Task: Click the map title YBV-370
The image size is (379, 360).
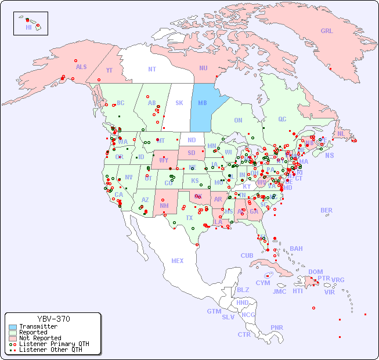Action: (53, 319)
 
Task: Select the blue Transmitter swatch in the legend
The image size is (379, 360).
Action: (12, 327)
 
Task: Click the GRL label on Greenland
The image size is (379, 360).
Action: (327, 31)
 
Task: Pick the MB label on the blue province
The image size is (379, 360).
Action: (203, 103)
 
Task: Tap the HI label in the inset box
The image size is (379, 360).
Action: (28, 27)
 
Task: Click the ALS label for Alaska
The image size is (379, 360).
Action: (81, 67)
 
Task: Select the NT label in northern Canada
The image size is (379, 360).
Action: (151, 69)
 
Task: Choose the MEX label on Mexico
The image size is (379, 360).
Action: (178, 261)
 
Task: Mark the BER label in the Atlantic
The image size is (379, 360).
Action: (327, 210)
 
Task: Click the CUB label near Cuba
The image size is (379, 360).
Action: (247, 255)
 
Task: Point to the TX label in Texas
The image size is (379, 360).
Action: (189, 218)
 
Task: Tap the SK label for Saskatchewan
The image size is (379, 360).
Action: (179, 103)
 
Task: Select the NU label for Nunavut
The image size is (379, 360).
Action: (203, 68)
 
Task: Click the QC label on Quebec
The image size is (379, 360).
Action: (282, 119)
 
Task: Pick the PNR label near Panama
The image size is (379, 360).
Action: (277, 327)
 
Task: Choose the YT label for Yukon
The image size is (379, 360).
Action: (109, 70)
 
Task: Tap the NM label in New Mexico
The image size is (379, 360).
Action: (164, 205)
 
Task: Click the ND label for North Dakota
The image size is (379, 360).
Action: (192, 140)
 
